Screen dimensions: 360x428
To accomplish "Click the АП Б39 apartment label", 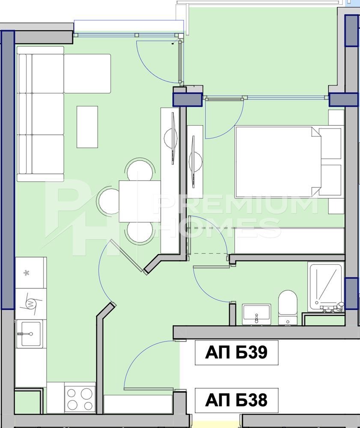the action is [x=236, y=352].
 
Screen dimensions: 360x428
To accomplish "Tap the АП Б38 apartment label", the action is [x=236, y=400].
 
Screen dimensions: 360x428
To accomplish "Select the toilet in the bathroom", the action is [x=287, y=307].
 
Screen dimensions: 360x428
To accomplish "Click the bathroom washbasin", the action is [x=256, y=314].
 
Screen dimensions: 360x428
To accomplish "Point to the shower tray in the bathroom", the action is [x=325, y=287].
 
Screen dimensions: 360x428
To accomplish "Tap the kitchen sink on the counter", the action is [x=29, y=333].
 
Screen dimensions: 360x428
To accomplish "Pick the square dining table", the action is [x=140, y=201].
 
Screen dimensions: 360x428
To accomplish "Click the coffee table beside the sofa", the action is [x=87, y=127].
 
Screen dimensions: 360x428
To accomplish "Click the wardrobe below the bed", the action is [x=289, y=240].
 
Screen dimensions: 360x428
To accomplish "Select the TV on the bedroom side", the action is [x=195, y=162].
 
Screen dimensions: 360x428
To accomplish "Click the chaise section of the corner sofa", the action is [x=87, y=74].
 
